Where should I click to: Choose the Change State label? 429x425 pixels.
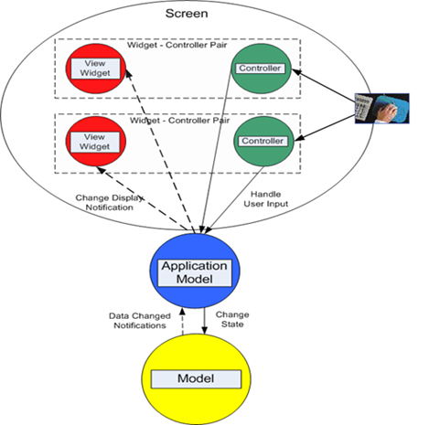[232, 319]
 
